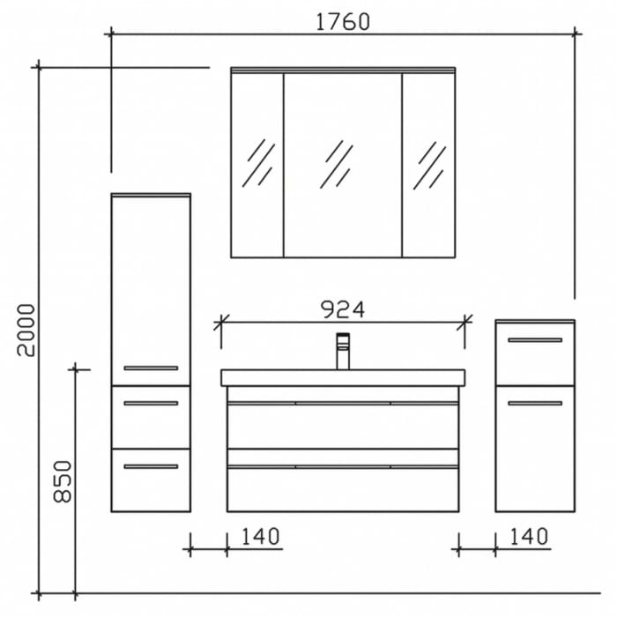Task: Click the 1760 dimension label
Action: pos(342,21)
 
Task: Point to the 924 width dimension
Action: pos(342,308)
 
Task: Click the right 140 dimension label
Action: pos(529,535)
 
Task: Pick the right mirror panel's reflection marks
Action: pos(431,164)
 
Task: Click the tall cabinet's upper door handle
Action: pos(151,368)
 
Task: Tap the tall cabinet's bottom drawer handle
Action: pos(151,466)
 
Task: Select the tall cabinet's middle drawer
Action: pos(151,417)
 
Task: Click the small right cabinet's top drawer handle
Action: pos(535,339)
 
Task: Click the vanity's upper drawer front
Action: pos(342,425)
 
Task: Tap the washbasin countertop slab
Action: pos(342,377)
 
